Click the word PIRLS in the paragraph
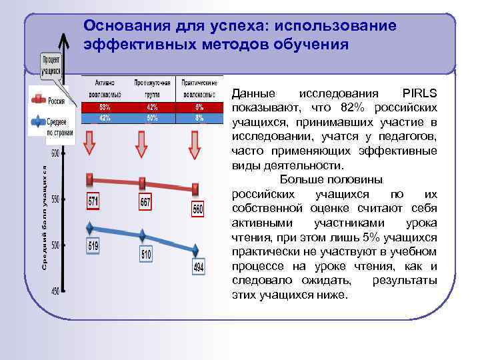(x=420, y=93)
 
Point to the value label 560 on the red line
(x=198, y=209)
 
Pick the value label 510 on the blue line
(x=146, y=254)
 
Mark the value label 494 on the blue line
(x=198, y=267)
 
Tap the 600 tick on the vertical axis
(x=54, y=153)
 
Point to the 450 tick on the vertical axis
(x=54, y=291)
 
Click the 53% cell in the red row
(x=104, y=107)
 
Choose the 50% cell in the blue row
(x=152, y=117)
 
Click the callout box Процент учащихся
(x=51, y=65)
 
